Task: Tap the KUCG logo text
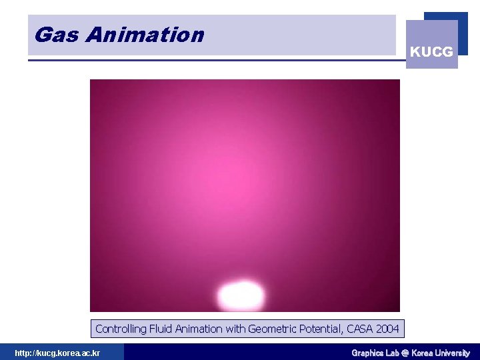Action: click(431, 51)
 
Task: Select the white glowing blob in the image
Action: click(241, 295)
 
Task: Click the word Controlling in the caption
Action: click(120, 329)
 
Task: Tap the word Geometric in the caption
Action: click(272, 329)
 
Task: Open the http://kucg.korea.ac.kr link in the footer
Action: click(57, 353)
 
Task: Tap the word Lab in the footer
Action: click(393, 353)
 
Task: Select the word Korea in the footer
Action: click(423, 353)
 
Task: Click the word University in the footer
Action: click(453, 353)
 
